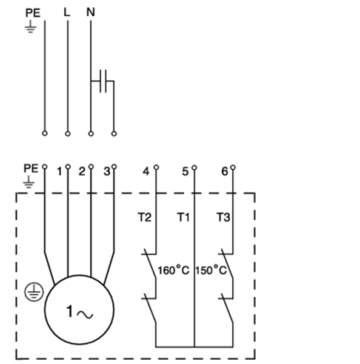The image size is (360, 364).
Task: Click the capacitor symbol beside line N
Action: coord(104,81)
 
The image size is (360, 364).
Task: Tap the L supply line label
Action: coord(67,12)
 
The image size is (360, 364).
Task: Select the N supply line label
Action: coord(91,12)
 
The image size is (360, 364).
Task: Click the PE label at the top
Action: coord(33,13)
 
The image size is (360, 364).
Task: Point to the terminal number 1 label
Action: coord(59,172)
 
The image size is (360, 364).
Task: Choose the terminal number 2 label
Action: coord(82,172)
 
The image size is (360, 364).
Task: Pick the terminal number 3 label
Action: coord(107,172)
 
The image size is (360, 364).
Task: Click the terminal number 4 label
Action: coord(146,172)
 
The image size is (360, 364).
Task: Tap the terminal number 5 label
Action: coord(185,172)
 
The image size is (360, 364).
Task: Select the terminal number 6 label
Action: coord(224,172)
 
